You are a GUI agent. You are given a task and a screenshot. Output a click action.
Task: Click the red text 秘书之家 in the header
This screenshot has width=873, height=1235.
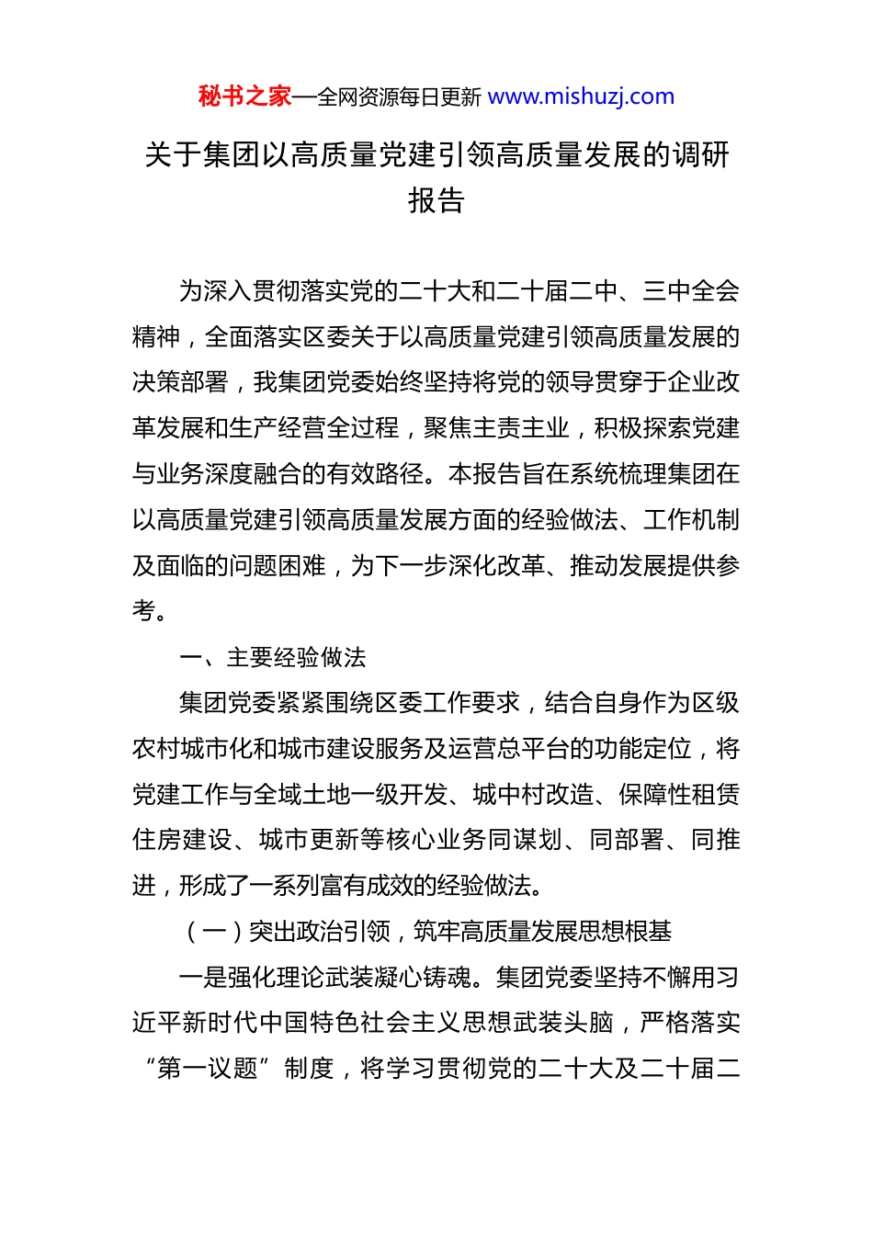(244, 96)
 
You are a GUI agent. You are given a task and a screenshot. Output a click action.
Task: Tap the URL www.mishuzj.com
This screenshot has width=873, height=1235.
(581, 96)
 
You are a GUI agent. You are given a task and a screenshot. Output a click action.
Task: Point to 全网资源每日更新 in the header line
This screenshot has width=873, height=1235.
(400, 97)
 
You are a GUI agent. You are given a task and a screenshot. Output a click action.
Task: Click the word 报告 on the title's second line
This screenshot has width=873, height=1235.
(436, 200)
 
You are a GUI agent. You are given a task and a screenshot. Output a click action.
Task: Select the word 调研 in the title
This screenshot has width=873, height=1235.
(700, 154)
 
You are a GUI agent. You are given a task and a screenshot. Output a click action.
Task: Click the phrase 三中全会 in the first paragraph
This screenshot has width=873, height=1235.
(691, 291)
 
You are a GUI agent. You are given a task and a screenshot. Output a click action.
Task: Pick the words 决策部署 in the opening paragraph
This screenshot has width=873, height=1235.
(180, 382)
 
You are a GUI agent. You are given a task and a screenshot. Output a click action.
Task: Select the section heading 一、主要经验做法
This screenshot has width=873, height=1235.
(273, 657)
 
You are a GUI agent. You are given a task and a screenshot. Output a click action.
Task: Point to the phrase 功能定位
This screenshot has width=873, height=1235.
(642, 749)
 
